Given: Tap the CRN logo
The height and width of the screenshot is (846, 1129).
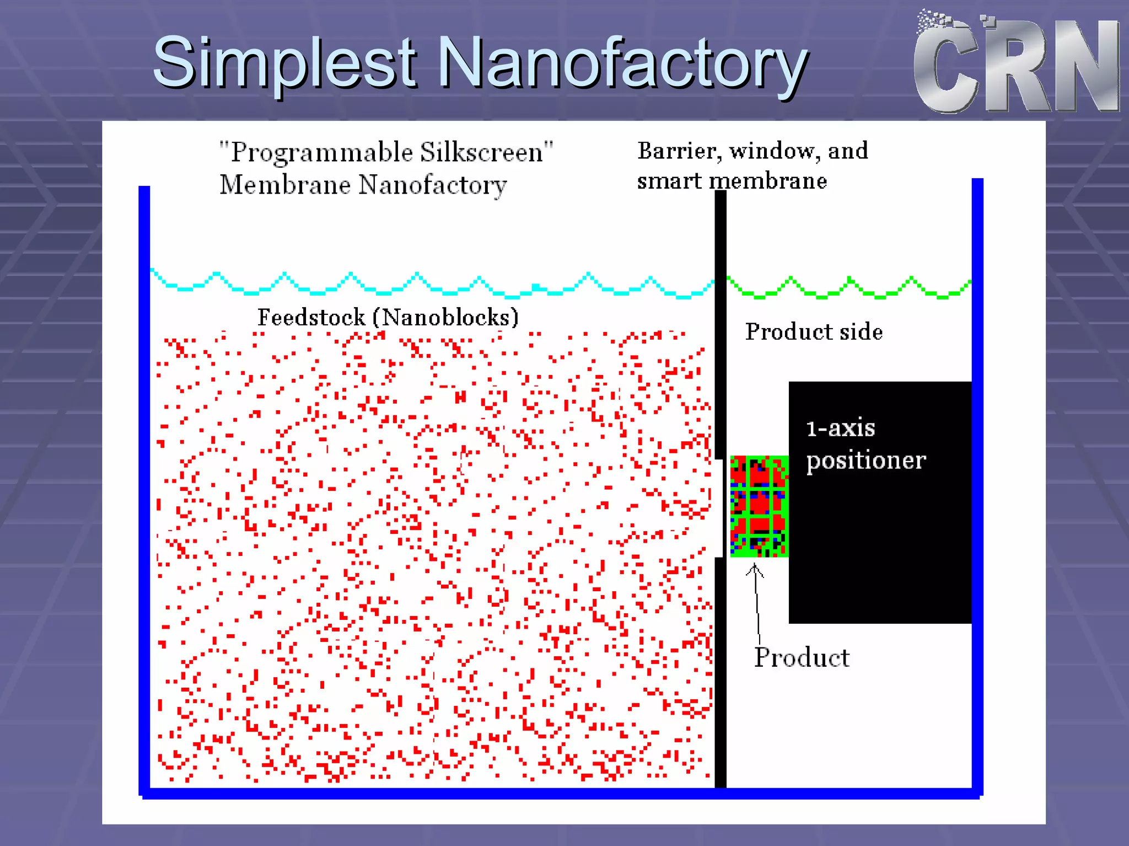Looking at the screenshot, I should pos(1016,63).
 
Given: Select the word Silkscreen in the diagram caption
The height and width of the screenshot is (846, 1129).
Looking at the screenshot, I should pos(481,152).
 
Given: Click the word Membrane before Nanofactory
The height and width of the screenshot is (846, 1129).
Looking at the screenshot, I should pos(284,185).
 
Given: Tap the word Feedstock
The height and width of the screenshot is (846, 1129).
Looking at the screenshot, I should pos(311,317).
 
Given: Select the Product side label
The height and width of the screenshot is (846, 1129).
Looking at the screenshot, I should pos(814,331).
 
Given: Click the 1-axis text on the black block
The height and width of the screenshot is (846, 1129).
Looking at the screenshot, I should pos(840,429).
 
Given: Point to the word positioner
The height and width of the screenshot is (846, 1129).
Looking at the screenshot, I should pos(865,461).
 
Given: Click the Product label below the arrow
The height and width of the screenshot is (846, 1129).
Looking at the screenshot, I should pos(802,657).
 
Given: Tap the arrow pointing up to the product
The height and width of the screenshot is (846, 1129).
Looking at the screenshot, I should pos(756,601).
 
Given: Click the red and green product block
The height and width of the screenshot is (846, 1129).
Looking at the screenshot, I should pos(759,506).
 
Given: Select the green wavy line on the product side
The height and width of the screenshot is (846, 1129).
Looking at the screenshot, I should pos(849,288).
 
